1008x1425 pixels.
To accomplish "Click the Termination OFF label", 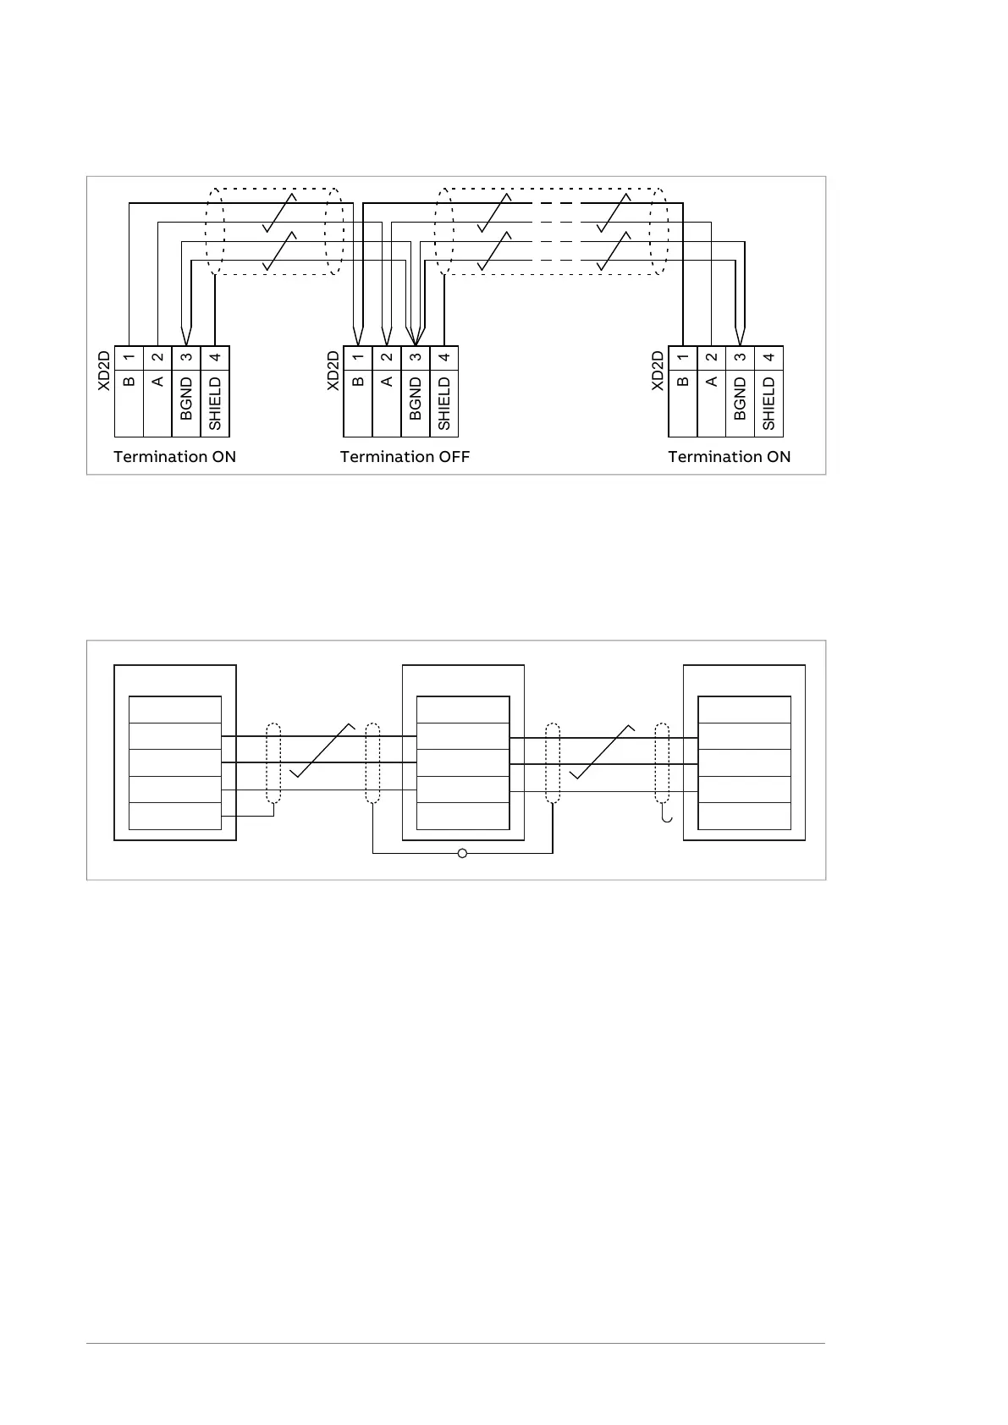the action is point(405,457).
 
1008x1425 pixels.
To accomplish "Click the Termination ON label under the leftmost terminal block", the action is point(174,457).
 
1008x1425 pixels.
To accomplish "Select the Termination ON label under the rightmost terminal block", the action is point(729,457).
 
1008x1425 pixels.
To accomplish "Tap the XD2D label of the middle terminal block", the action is point(333,371).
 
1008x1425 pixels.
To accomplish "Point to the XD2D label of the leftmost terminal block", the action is point(103,371).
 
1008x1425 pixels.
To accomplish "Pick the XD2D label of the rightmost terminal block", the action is point(658,371).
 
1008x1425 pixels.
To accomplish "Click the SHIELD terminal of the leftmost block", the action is point(215,404).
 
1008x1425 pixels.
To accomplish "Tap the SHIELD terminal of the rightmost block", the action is point(768,404).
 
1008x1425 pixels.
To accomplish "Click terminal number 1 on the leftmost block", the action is point(129,357).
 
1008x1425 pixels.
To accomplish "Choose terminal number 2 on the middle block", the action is point(387,357).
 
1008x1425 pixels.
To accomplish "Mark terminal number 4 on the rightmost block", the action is point(768,357).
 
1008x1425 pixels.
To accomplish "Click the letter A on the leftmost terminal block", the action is point(157,382).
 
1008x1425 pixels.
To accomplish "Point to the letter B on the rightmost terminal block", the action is point(683,382).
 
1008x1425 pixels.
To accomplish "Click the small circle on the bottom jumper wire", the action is point(462,853).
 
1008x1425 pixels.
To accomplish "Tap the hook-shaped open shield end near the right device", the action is point(668,817).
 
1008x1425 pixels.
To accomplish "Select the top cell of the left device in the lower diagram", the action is point(174,710).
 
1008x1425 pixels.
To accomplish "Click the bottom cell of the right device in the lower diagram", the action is point(744,816).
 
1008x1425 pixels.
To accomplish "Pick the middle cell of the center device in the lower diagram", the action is point(463,763).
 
